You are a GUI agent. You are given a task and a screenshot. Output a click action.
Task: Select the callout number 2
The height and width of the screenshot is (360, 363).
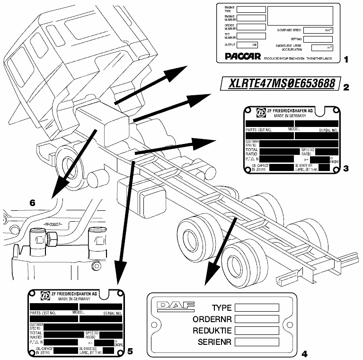(x=346, y=87)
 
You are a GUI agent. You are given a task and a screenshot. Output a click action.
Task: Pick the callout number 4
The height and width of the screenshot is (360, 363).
(x=304, y=353)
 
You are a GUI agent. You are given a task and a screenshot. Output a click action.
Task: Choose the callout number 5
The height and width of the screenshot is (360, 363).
(x=130, y=351)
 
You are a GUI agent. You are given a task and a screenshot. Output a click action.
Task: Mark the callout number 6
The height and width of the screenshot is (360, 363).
(x=32, y=203)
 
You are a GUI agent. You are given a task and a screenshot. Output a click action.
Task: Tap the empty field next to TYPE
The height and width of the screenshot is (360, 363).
(x=256, y=308)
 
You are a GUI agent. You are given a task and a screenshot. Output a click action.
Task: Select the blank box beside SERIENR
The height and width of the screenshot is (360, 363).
(x=256, y=342)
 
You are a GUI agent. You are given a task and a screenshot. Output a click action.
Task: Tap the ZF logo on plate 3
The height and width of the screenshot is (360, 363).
(x=261, y=112)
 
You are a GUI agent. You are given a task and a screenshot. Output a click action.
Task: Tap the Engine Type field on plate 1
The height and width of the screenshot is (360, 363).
(x=251, y=9)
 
